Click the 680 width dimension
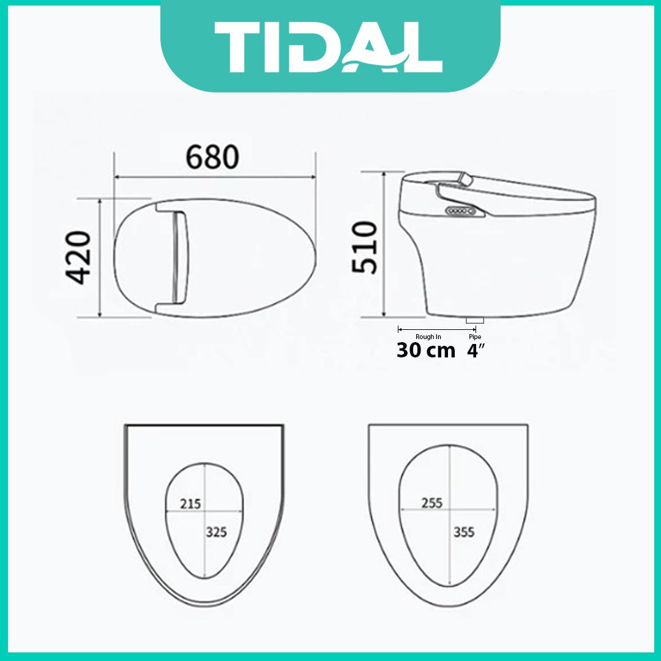[x=212, y=158]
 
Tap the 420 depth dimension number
[x=79, y=258]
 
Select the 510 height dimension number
[x=365, y=248]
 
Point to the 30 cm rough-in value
[x=426, y=351]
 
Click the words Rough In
[x=428, y=337]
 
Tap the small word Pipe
[x=475, y=337]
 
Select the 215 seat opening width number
[x=190, y=504]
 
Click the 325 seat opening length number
[x=216, y=532]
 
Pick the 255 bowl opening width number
[x=432, y=503]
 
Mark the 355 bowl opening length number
[x=464, y=531]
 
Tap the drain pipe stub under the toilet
[x=475, y=319]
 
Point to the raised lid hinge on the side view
[x=466, y=179]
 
